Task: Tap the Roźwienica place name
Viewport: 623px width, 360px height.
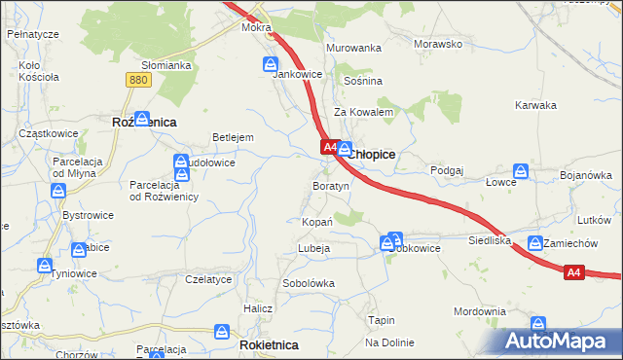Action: click(x=144, y=123)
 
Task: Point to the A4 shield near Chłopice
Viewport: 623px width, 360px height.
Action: click(x=329, y=148)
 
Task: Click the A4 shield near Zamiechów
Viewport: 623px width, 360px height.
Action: click(x=574, y=273)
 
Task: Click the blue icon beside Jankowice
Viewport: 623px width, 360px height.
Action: click(x=271, y=64)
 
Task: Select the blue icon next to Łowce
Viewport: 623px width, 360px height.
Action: click(x=521, y=171)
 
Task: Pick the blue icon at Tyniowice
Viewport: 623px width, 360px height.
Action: click(x=45, y=265)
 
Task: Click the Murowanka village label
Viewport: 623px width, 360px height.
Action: click(x=353, y=48)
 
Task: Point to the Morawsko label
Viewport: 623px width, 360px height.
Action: click(x=438, y=45)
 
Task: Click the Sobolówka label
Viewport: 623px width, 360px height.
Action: click(x=309, y=283)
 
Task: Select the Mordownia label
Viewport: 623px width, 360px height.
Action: click(x=480, y=311)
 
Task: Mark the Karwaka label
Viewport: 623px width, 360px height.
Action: click(x=535, y=105)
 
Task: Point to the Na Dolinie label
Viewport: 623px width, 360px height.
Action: click(x=389, y=342)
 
